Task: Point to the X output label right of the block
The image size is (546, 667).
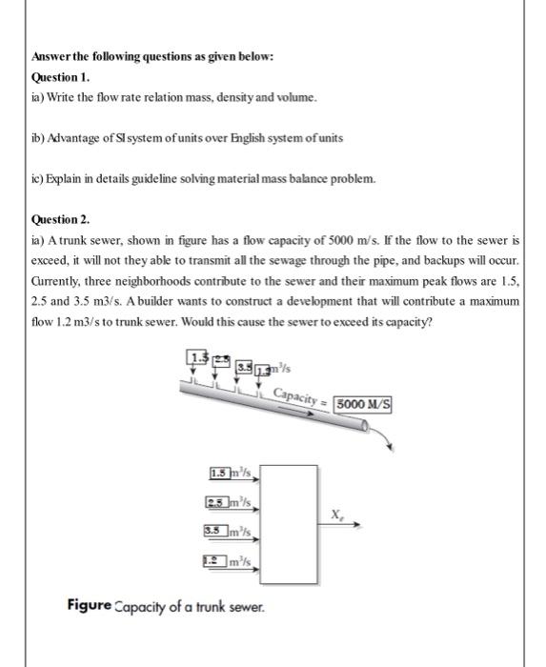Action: point(334,513)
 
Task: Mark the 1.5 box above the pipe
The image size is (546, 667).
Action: point(199,357)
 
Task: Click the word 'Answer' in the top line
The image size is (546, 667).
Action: point(52,57)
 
